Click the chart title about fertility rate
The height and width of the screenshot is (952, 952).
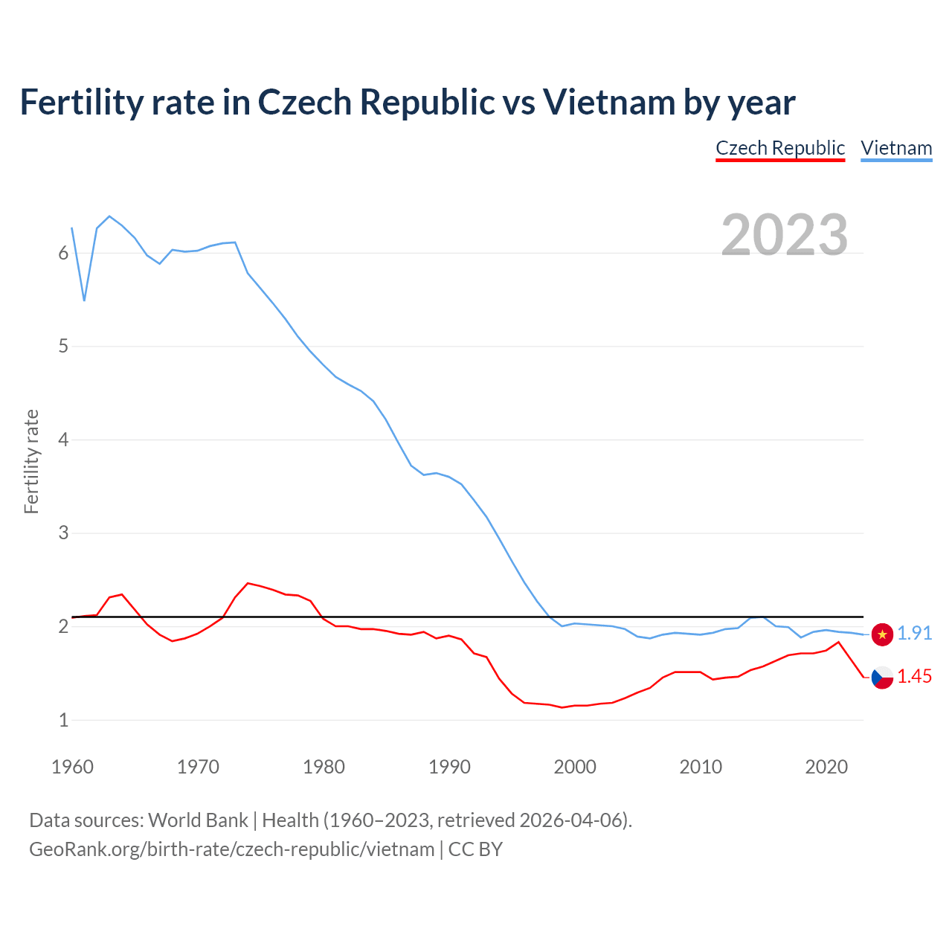click(407, 103)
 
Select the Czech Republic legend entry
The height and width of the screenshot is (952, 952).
click(780, 148)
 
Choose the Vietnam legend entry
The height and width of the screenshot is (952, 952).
click(896, 148)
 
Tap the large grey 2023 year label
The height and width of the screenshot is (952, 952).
click(785, 235)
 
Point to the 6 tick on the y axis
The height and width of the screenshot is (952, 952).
click(63, 254)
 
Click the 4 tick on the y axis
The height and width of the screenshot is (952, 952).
click(63, 440)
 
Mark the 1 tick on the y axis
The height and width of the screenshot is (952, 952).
click(63, 721)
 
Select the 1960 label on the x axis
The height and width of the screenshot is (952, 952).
click(72, 767)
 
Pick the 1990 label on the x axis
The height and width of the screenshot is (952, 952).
click(449, 767)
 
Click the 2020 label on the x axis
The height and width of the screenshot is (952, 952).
click(826, 767)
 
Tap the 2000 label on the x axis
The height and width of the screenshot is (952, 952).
click(575, 767)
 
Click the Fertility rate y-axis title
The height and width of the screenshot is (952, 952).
click(31, 461)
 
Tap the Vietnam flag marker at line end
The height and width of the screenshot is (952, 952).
click(882, 634)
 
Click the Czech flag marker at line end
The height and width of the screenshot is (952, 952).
click(882, 678)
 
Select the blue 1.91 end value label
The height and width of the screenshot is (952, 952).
click(914, 634)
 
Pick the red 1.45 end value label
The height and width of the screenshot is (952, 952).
click(914, 677)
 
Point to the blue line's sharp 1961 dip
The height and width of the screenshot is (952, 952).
click(84, 300)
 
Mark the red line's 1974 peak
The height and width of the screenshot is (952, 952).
click(248, 584)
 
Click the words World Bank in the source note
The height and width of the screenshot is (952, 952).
click(198, 820)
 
